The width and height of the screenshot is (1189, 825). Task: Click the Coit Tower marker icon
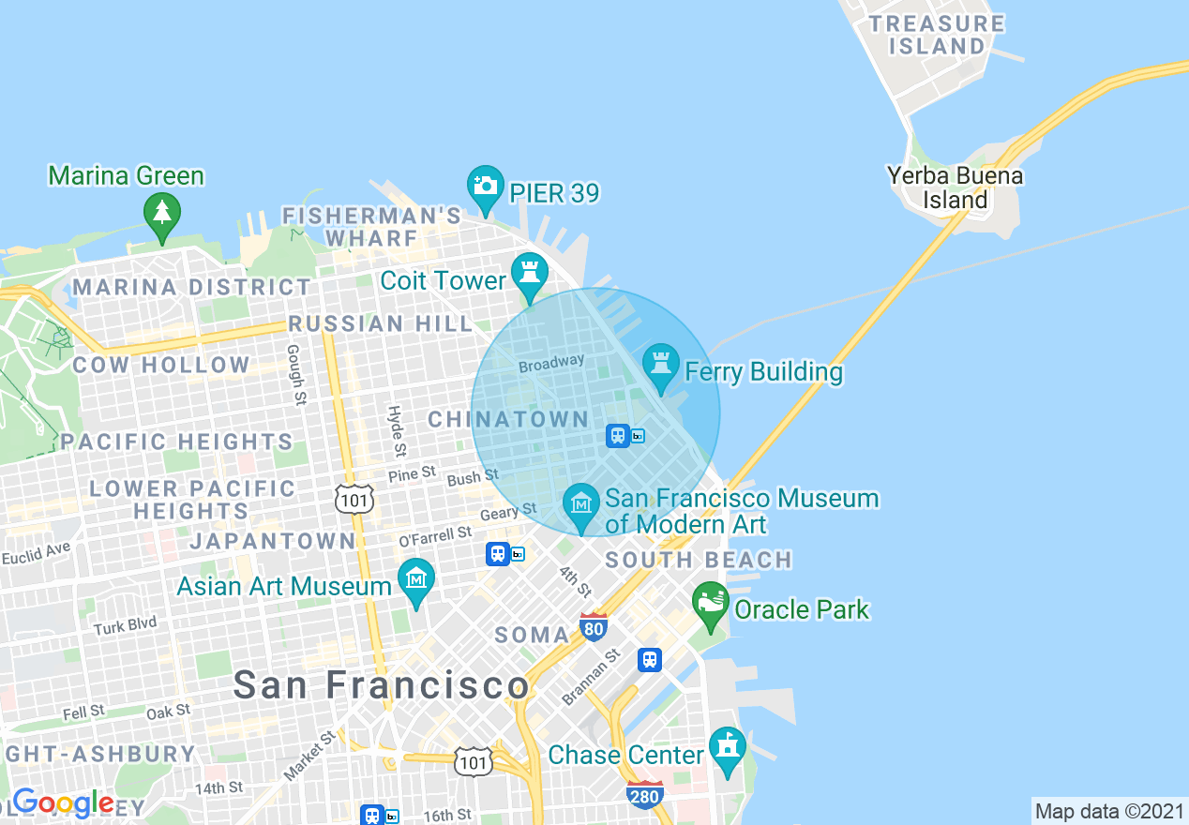pyautogui.click(x=529, y=275)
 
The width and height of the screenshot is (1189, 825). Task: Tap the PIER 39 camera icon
pyautogui.click(x=485, y=186)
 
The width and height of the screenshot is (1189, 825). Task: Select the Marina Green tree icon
pyautogui.click(x=162, y=214)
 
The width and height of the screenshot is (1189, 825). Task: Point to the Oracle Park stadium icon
pyautogui.click(x=711, y=604)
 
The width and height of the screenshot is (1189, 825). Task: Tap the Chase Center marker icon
pyautogui.click(x=728, y=748)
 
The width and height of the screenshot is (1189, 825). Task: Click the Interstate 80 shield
pyautogui.click(x=594, y=627)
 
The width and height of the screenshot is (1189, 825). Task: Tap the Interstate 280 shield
pyautogui.click(x=645, y=794)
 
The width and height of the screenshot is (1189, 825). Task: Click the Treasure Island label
pyautogui.click(x=937, y=35)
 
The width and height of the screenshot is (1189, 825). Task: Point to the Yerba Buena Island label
pyautogui.click(x=956, y=187)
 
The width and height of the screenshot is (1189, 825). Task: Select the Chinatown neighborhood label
pyautogui.click(x=508, y=420)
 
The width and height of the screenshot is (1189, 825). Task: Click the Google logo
pyautogui.click(x=63, y=803)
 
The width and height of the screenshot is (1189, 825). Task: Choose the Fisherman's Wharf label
pyautogui.click(x=372, y=227)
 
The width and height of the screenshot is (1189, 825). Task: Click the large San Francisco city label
pyautogui.click(x=381, y=685)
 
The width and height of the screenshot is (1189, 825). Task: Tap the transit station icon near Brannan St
pyautogui.click(x=650, y=660)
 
